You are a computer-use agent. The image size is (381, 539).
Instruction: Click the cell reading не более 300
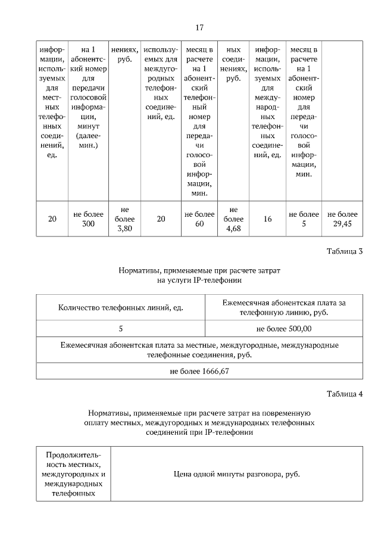(88, 219)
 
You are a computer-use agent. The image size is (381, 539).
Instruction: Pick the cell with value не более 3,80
(124, 219)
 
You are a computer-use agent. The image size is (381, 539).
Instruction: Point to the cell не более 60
(199, 219)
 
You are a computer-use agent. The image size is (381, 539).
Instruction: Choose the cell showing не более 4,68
(233, 219)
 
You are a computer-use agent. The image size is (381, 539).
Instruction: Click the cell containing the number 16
(267, 219)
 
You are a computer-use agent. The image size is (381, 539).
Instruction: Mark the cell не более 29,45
(343, 219)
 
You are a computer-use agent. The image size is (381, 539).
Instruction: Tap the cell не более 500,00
(283, 328)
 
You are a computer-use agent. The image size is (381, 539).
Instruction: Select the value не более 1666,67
(199, 371)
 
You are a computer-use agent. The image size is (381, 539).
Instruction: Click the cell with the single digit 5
(120, 328)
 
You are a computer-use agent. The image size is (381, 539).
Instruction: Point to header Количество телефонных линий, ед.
(120, 307)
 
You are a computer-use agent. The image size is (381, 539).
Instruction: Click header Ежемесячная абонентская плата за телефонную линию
(283, 307)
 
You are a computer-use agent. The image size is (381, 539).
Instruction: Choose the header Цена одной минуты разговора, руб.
(236, 474)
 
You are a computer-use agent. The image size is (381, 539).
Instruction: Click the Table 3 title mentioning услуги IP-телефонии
(199, 275)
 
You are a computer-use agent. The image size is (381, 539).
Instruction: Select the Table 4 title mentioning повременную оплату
(199, 422)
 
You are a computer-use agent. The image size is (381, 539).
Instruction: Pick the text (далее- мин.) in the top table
(88, 141)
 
